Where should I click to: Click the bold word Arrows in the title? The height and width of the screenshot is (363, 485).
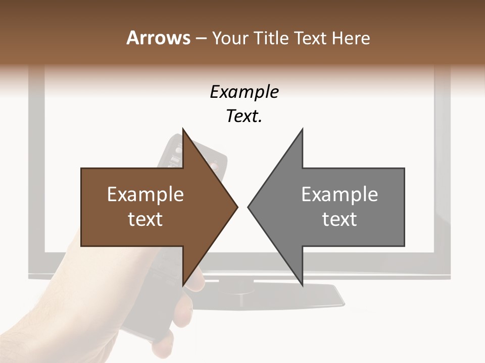click(x=159, y=38)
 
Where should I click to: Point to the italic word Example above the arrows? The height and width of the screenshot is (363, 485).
click(x=244, y=92)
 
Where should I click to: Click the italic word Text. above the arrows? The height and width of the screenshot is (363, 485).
click(x=244, y=116)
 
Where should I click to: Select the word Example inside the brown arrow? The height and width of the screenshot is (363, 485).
click(x=145, y=194)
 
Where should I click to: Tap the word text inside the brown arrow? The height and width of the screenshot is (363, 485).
click(x=145, y=219)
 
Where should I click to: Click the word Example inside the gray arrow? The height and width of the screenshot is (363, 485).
click(x=339, y=194)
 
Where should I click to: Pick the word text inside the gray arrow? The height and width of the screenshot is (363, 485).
click(x=339, y=219)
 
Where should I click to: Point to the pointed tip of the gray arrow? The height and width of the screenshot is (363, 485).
click(x=249, y=207)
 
